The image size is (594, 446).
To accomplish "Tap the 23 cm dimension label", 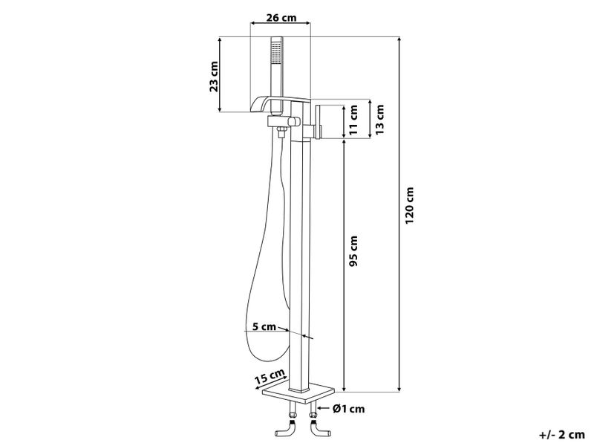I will [x=215, y=75].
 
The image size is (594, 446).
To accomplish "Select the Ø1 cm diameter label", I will [x=348, y=407].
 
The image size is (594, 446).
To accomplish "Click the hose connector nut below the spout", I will [x=281, y=133].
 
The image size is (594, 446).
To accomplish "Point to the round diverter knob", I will [x=296, y=120].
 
